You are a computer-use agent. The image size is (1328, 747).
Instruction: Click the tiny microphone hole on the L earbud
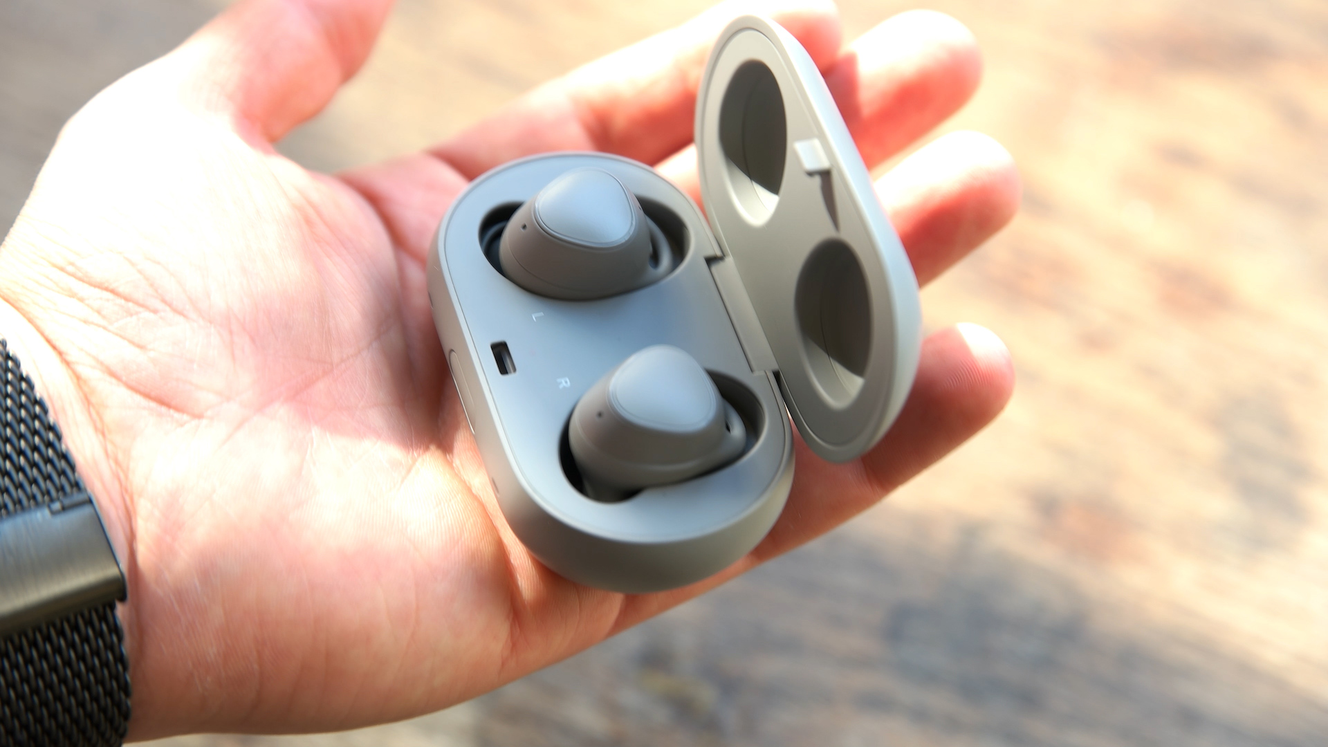[524, 226]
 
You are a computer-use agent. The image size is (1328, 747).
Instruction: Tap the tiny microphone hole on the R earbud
[599, 416]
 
